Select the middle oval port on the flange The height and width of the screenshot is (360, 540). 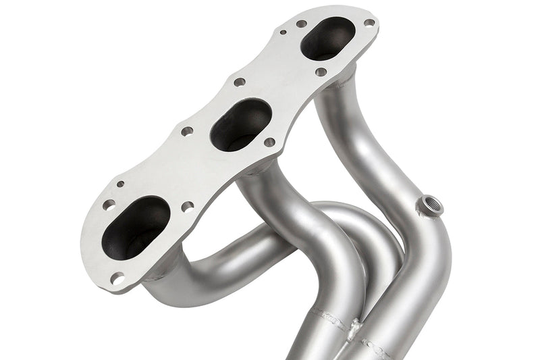(x=240, y=124)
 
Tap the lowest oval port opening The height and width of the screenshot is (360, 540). (x=136, y=227)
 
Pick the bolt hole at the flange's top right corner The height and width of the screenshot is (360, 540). (x=369, y=22)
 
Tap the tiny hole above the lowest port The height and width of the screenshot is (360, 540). (x=120, y=183)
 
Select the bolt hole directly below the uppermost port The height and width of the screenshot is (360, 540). (x=321, y=72)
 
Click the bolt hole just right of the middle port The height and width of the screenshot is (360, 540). (x=269, y=143)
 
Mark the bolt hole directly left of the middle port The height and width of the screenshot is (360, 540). (x=187, y=131)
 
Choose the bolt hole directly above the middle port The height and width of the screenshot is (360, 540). (x=239, y=82)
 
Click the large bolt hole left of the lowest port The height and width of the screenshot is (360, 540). (x=108, y=205)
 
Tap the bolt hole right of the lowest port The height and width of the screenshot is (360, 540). (x=187, y=206)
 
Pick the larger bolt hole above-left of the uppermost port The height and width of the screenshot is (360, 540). (x=301, y=24)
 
